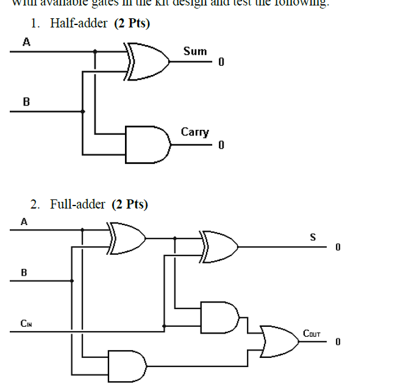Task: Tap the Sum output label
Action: (x=195, y=51)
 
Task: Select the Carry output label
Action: (x=194, y=132)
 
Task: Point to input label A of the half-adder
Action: (x=26, y=42)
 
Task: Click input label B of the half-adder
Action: (x=26, y=102)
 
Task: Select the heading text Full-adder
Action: (x=77, y=204)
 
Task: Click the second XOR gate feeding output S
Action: (x=219, y=246)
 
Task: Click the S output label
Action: (x=313, y=238)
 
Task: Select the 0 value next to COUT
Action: (x=337, y=341)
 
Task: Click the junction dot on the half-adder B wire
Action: (x=84, y=112)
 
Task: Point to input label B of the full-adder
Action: (x=24, y=272)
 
